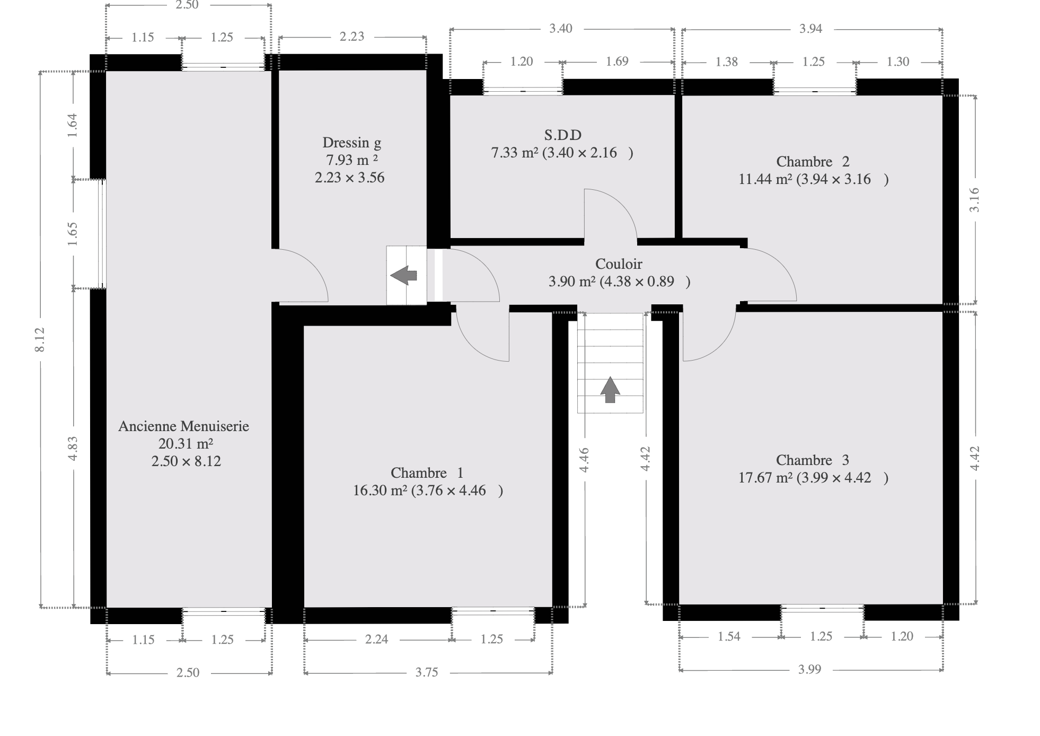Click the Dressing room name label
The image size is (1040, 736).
click(351, 143)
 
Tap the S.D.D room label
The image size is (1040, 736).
click(562, 135)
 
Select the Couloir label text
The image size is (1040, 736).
click(619, 264)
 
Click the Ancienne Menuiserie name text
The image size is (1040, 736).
click(183, 426)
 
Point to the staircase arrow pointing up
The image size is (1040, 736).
click(610, 389)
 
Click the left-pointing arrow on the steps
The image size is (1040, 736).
click(403, 275)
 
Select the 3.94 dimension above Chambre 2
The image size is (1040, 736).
click(811, 29)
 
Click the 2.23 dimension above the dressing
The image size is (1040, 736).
click(352, 36)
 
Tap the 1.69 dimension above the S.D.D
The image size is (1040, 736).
click(617, 62)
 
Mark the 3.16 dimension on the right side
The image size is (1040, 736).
click(974, 200)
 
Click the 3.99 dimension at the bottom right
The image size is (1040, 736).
click(810, 669)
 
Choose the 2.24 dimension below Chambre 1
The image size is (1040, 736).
click(376, 639)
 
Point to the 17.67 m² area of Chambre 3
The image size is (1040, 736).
click(765, 478)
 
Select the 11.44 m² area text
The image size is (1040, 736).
click(765, 179)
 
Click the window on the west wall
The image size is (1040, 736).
click(102, 234)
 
